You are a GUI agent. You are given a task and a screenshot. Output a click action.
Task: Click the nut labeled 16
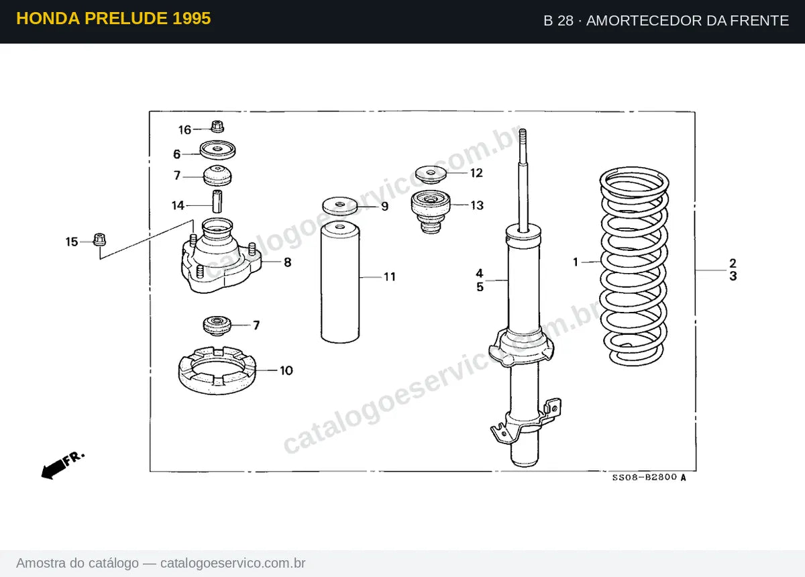point(217,127)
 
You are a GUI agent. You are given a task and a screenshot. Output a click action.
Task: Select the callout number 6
point(177,154)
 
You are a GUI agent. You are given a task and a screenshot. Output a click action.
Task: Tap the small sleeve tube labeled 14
point(217,201)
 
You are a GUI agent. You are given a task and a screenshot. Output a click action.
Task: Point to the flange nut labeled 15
point(99,240)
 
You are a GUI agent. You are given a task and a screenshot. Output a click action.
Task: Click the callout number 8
point(288,262)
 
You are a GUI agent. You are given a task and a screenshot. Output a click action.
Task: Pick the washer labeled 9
point(340,205)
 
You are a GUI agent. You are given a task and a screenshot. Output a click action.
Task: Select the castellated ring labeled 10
point(217,370)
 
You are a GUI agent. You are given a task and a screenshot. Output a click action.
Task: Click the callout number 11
point(390,277)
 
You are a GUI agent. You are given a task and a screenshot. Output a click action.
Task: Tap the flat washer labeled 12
point(431,174)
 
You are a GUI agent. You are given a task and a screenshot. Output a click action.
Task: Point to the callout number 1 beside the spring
point(576,262)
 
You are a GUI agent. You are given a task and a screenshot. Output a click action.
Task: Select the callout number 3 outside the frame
point(733,276)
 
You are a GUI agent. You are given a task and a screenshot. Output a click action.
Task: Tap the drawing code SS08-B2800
point(645,477)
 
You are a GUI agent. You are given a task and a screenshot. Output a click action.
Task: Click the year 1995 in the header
point(192,18)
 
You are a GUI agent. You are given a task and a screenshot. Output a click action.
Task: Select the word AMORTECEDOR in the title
point(644,21)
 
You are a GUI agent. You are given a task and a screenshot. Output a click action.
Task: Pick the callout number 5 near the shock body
point(480,287)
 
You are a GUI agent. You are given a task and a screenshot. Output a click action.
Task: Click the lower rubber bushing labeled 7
point(217,325)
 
